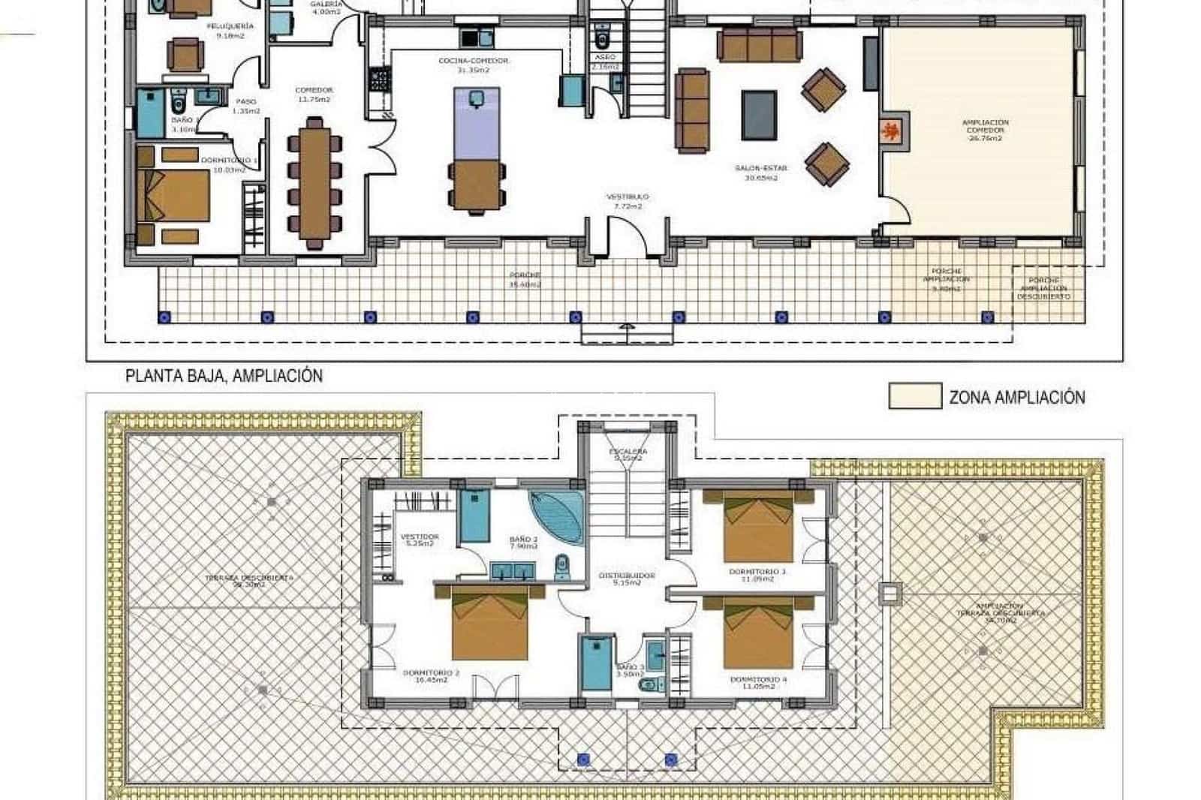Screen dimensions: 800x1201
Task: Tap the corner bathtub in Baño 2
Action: point(558,517)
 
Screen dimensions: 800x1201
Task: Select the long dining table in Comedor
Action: point(315,182)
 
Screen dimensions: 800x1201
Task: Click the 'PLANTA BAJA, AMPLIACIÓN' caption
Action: point(224,376)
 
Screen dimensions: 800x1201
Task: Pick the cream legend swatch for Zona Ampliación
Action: point(914,396)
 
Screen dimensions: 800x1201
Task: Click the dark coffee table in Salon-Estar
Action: point(760,115)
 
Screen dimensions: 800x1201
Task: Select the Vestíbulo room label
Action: point(627,201)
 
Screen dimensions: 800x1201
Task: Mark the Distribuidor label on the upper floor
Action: point(627,579)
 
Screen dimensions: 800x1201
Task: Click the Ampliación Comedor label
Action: point(985,130)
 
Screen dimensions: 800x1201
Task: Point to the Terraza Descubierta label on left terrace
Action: point(249,580)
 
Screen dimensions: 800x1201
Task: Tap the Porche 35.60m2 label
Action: point(525,279)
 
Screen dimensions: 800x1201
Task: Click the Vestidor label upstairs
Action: point(419,540)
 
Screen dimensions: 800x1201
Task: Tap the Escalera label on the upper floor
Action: point(629,454)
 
